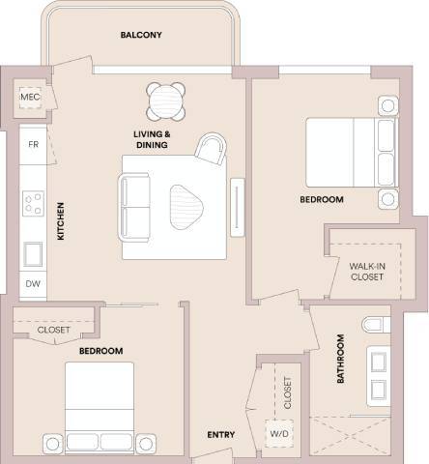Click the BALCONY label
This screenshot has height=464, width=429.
click(x=141, y=35)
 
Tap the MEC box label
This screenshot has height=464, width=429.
click(x=30, y=99)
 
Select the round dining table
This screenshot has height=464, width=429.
click(x=166, y=98)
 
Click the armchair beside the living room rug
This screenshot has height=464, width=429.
click(x=213, y=149)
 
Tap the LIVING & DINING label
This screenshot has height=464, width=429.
click(x=152, y=139)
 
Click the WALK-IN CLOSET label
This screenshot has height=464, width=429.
click(x=366, y=271)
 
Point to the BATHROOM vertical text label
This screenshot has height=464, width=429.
click(x=340, y=360)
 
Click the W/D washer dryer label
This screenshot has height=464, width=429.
click(x=278, y=435)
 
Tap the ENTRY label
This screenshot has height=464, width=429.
click(x=221, y=435)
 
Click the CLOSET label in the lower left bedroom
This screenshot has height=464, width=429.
click(x=53, y=330)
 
